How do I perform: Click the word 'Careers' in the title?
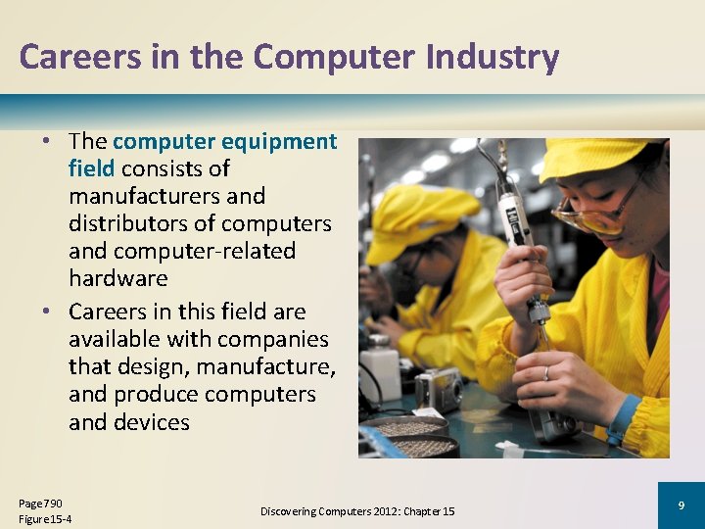[x=67, y=57]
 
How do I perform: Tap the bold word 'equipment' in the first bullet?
[x=279, y=141]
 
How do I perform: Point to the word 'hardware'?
[x=118, y=278]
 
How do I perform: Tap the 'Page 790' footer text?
[x=40, y=503]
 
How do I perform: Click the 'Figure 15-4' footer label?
[x=45, y=518]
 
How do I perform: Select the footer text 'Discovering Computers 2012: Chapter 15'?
[x=357, y=511]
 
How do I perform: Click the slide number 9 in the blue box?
[x=681, y=505]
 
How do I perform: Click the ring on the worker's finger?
[x=546, y=373]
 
